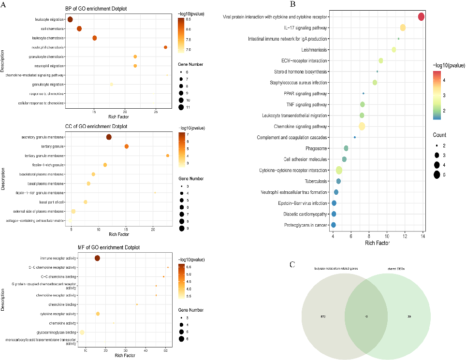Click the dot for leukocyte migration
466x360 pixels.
(x=70, y=20)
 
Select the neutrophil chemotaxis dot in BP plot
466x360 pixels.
(x=165, y=47)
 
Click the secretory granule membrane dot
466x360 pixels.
(x=109, y=137)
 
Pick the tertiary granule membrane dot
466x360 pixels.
(x=168, y=156)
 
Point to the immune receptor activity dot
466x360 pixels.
(x=97, y=259)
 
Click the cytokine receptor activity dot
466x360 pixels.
(x=98, y=314)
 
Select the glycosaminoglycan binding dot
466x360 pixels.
(x=82, y=332)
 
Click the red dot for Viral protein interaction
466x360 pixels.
(x=421, y=17)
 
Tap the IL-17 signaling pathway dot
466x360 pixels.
(x=403, y=28)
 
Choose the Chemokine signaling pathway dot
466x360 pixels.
(x=362, y=127)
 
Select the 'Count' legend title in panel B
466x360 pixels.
(x=439, y=135)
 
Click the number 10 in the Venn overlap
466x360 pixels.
(x=366, y=317)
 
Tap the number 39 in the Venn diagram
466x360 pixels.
(x=409, y=317)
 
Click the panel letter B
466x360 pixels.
(x=293, y=4)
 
